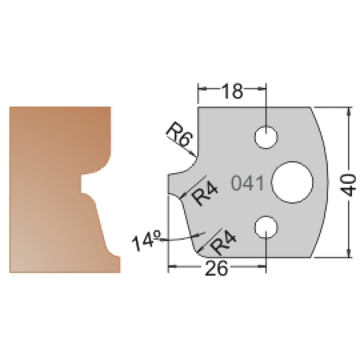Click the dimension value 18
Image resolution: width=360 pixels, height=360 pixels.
point(232,91)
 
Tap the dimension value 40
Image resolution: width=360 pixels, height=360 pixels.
point(349,185)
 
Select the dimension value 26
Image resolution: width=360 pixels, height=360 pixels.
point(216,268)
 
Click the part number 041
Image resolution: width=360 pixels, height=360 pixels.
point(247,183)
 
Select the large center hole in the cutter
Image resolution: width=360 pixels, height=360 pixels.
point(292,182)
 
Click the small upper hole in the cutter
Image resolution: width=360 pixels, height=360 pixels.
point(266,137)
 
